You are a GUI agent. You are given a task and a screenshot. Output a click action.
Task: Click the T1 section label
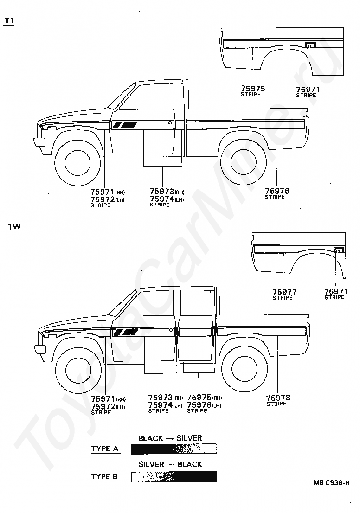pyautogui.click(x=9, y=20)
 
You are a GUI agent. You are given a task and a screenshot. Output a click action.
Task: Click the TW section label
pyautogui.click(x=14, y=226)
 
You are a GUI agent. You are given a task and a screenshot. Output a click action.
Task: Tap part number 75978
pyautogui.click(x=278, y=398)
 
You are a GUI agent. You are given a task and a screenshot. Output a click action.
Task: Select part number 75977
pyautogui.click(x=284, y=291)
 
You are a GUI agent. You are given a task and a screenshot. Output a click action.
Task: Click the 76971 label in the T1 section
pyautogui.click(x=308, y=90)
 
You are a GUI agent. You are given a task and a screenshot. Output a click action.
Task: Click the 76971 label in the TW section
pyautogui.click(x=336, y=291)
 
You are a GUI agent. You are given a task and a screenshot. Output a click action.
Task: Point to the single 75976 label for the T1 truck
pyautogui.click(x=277, y=191)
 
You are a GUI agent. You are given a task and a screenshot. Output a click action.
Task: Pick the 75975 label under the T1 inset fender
pyautogui.click(x=253, y=88)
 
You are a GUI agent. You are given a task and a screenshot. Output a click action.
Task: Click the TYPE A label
pyautogui.click(x=105, y=449)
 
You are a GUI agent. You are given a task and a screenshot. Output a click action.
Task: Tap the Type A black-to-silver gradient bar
pyautogui.click(x=174, y=449)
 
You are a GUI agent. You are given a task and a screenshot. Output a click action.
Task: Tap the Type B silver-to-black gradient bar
pyautogui.click(x=174, y=477)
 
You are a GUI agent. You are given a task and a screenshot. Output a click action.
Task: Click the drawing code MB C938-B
pyautogui.click(x=331, y=483)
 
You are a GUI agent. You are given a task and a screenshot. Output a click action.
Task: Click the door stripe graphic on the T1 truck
pyautogui.click(x=124, y=125)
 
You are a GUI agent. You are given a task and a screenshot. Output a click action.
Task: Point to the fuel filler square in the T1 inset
pyautogui.click(x=309, y=45)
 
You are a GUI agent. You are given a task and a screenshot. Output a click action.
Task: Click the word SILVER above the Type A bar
pyautogui.click(x=189, y=438)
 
